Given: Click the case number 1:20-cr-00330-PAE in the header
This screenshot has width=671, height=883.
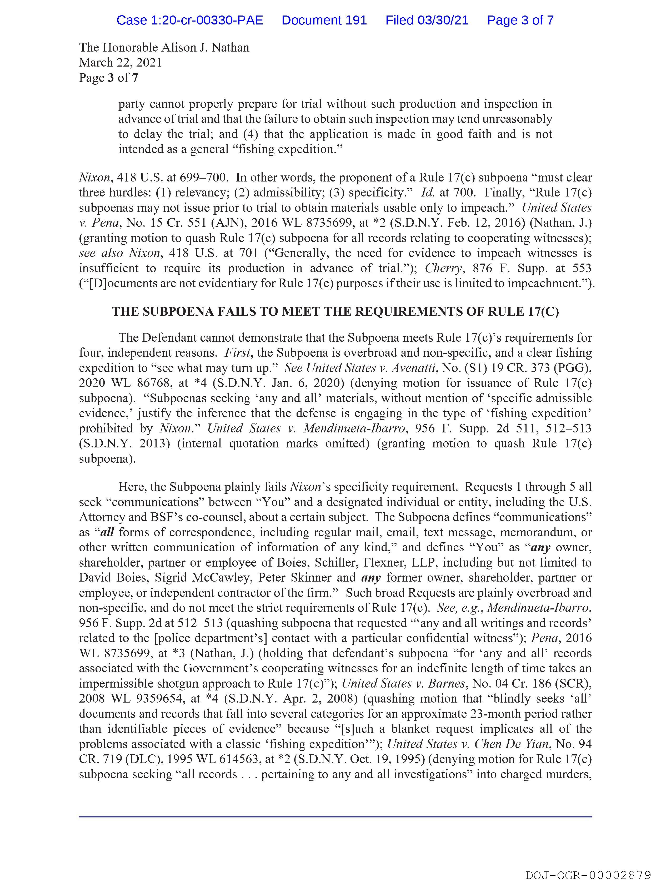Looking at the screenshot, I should (190, 20).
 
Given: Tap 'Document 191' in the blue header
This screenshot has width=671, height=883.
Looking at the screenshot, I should (324, 20).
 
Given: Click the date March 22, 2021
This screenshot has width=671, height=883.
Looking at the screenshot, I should (120, 63).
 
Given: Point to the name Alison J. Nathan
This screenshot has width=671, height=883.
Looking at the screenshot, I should (205, 48).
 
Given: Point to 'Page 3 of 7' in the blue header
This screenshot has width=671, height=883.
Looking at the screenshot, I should (520, 20).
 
